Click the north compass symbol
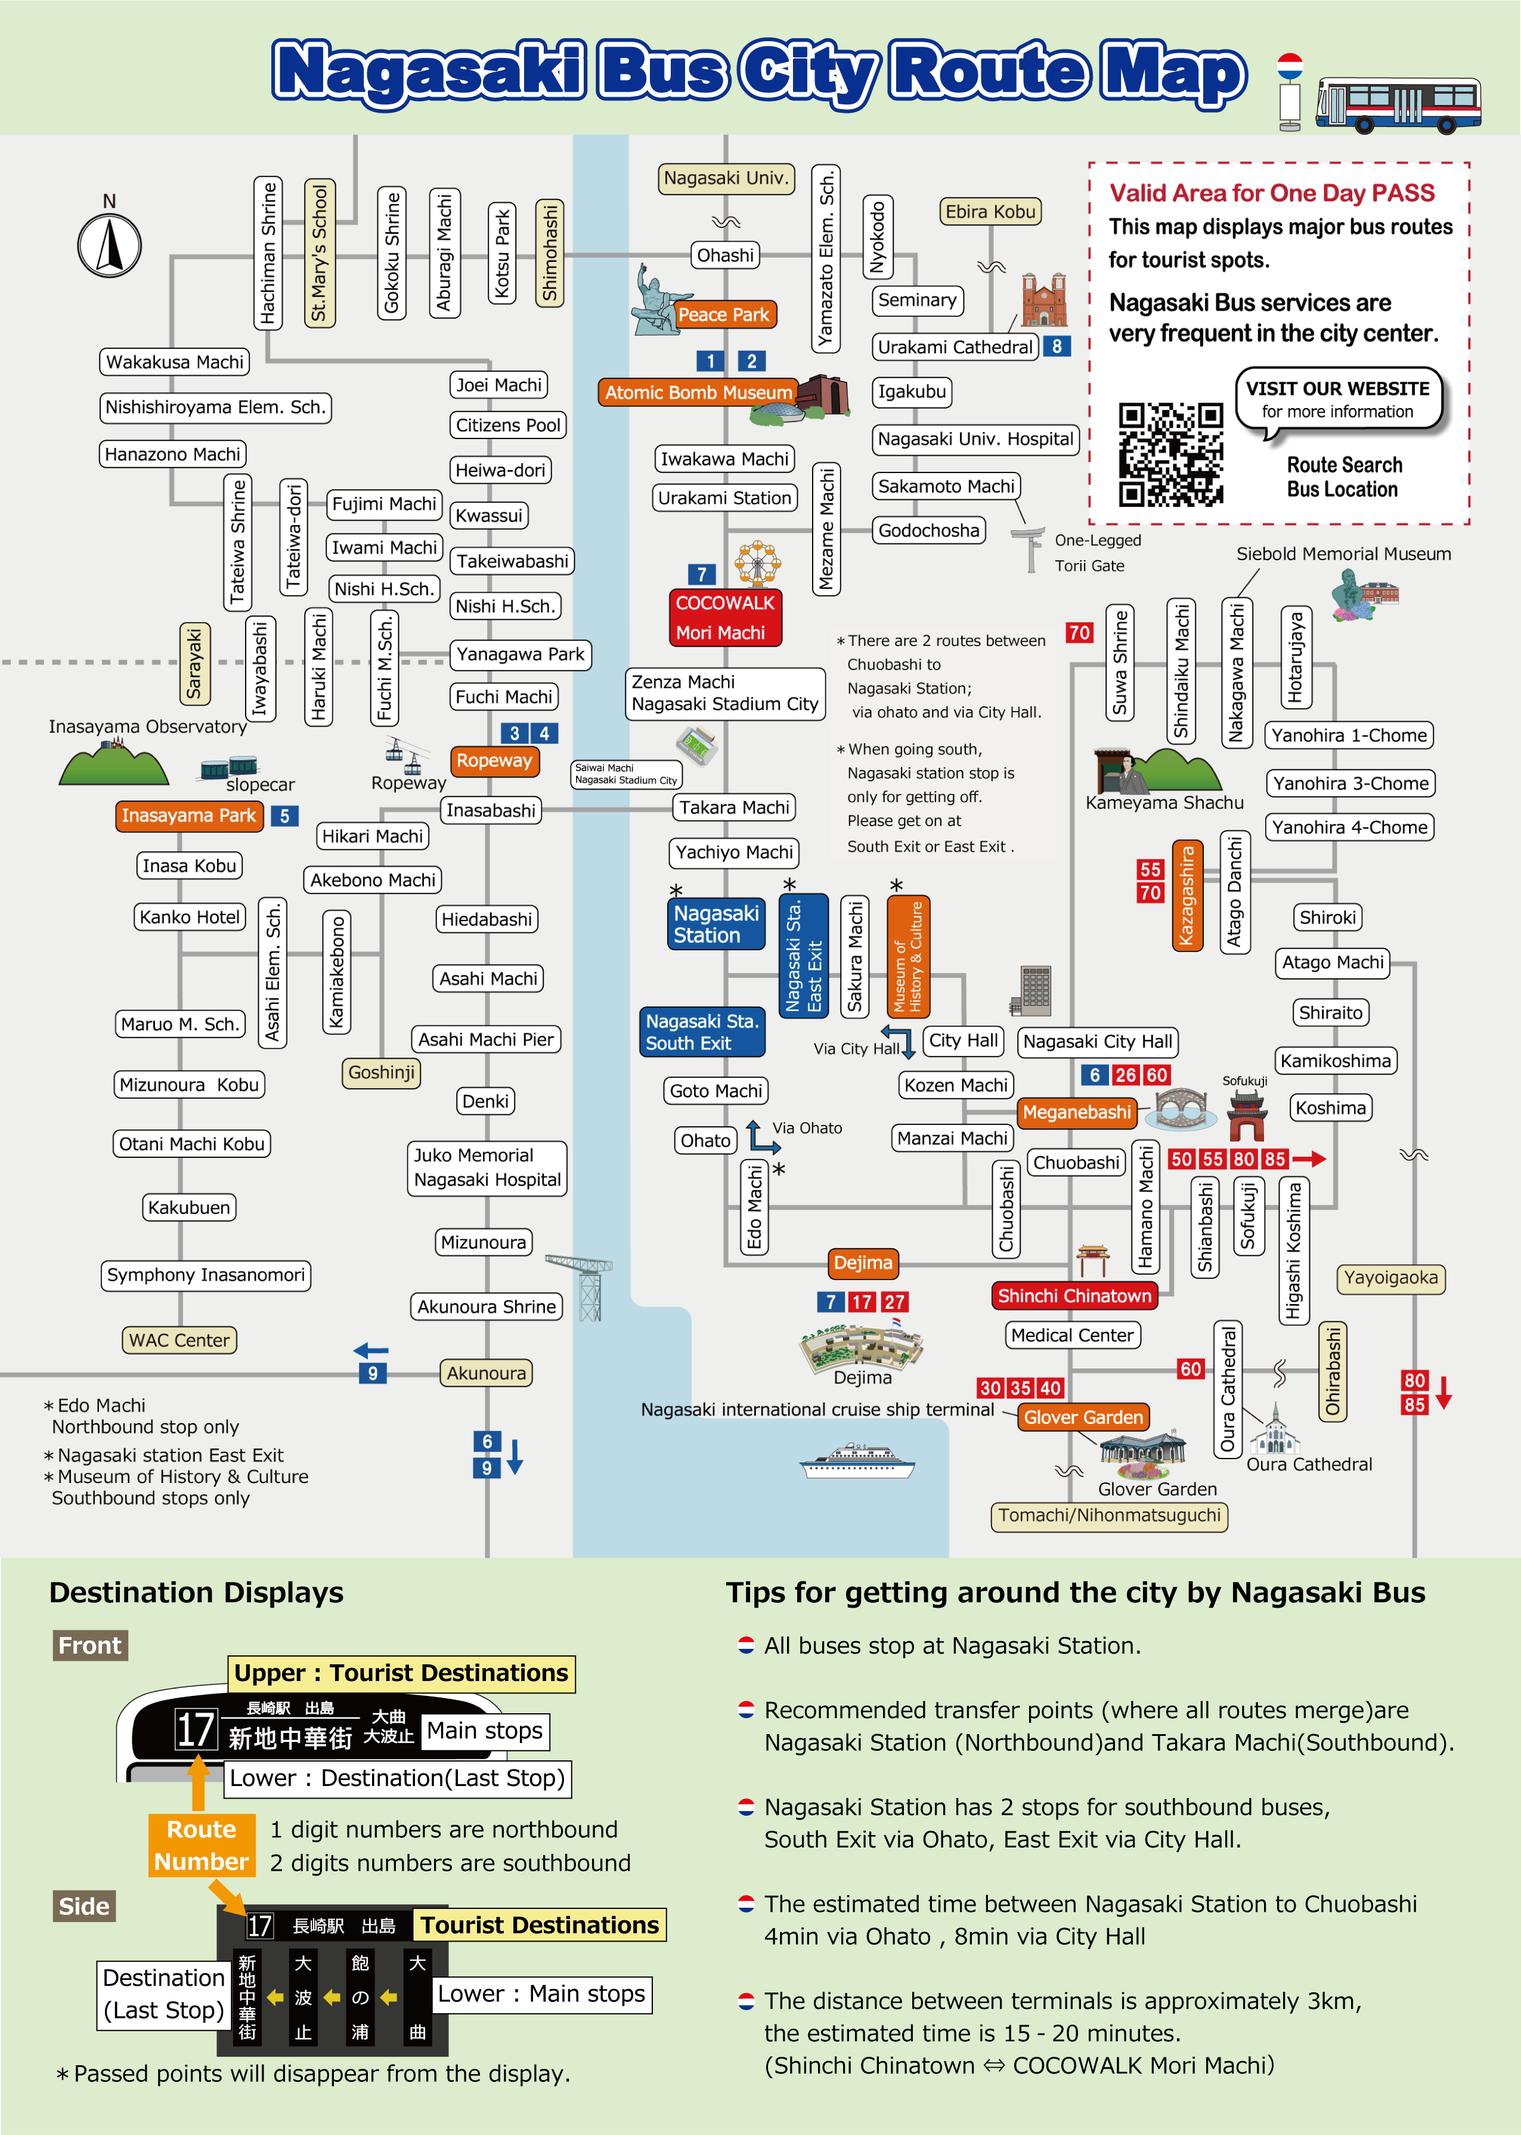pos(110,245)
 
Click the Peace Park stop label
pos(723,315)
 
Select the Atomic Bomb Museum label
pos(698,393)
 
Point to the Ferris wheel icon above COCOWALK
pos(757,563)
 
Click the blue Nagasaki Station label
pos(717,923)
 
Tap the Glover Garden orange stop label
pos(1083,1417)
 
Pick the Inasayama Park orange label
pos(188,816)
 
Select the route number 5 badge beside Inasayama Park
pos(285,816)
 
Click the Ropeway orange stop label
pos(494,761)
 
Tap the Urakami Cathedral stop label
pos(955,347)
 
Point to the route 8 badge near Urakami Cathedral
pos(1057,347)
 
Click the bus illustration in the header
pos(1398,105)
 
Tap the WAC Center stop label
pos(179,1340)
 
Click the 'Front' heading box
pos(90,1646)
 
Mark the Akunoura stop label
pos(486,1373)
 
